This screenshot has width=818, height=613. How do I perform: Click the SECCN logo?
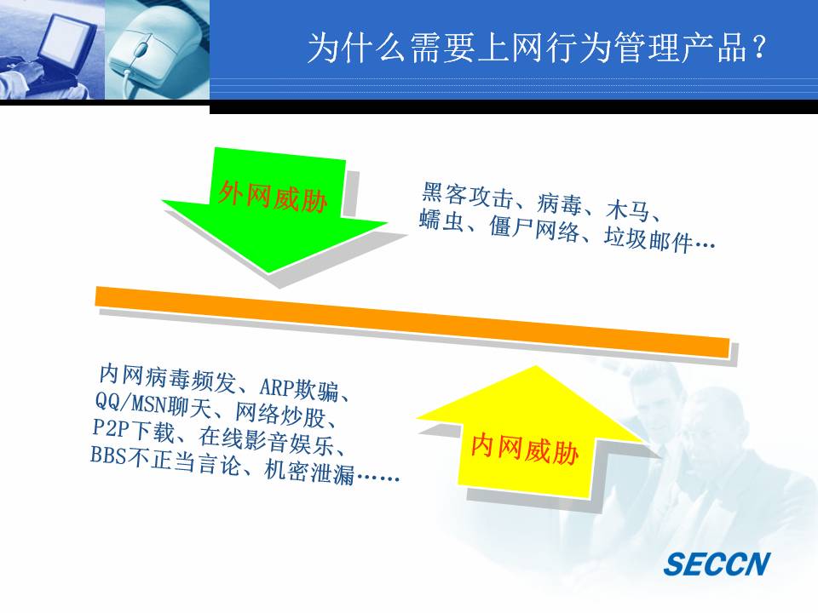click(x=717, y=564)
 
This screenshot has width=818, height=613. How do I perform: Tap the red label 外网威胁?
click(x=273, y=197)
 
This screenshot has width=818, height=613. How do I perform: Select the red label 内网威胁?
click(x=525, y=449)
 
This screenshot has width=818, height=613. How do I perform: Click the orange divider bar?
click(x=412, y=322)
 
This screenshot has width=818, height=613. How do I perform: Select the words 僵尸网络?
click(x=533, y=228)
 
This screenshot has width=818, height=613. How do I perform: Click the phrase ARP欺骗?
click(x=299, y=388)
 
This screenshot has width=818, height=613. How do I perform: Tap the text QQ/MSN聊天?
click(x=153, y=404)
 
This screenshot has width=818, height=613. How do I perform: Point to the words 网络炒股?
click(x=280, y=415)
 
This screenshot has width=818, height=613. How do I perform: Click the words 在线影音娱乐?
click(x=266, y=442)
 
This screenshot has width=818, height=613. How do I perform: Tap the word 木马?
click(x=628, y=209)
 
